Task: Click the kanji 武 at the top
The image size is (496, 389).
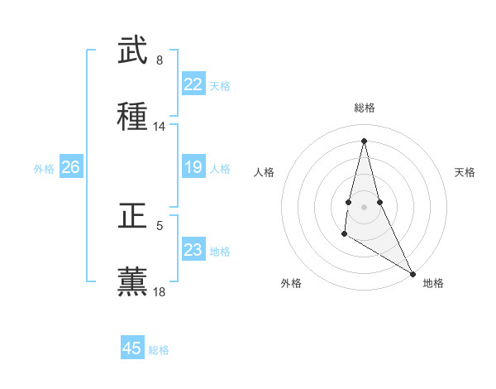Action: (132, 51)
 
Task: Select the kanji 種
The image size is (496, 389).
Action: (132, 117)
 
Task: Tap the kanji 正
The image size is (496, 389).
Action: (132, 217)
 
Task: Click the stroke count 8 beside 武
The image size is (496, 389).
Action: (160, 60)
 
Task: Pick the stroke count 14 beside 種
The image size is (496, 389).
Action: (160, 127)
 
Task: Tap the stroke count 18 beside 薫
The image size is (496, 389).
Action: (160, 292)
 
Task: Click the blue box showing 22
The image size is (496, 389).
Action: (193, 84)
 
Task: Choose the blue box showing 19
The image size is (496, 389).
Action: (193, 168)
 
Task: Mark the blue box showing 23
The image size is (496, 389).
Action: (193, 250)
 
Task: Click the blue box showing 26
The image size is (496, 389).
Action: (70, 168)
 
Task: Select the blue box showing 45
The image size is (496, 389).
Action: (132, 348)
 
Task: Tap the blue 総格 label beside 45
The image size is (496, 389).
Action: (159, 350)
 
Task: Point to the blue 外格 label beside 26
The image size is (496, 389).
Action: (44, 169)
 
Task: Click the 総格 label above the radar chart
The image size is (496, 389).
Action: (365, 108)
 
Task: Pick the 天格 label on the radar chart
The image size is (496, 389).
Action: (465, 172)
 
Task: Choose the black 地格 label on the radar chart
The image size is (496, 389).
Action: (433, 283)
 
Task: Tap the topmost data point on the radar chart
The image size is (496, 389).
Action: (364, 140)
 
